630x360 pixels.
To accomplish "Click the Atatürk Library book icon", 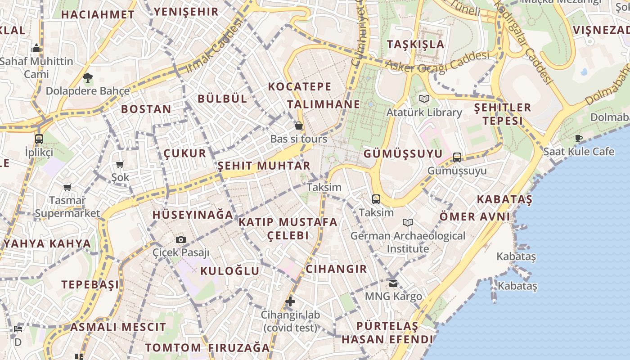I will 424,99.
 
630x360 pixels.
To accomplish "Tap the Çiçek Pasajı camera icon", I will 181,239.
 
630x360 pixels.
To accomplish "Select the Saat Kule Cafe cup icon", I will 579,138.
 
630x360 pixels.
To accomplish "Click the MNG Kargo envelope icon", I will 393,283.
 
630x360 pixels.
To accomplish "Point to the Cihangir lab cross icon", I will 290,301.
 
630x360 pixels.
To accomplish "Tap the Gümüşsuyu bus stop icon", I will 457,157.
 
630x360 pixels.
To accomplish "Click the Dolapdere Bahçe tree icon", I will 88,78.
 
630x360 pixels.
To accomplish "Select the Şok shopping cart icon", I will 120,164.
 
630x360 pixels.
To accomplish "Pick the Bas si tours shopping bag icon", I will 298,126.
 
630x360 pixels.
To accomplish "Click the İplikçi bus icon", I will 39,139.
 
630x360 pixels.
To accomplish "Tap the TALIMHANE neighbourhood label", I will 324,104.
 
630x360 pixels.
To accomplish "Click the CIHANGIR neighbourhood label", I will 336,269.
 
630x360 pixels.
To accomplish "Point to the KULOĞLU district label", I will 229,271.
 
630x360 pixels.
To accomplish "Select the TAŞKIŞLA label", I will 415,44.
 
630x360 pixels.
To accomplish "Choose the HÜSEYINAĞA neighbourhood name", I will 193,215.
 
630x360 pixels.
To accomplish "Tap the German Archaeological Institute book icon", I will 408,222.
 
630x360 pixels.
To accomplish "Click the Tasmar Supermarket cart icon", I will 67,187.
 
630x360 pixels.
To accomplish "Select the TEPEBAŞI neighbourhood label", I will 90,284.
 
